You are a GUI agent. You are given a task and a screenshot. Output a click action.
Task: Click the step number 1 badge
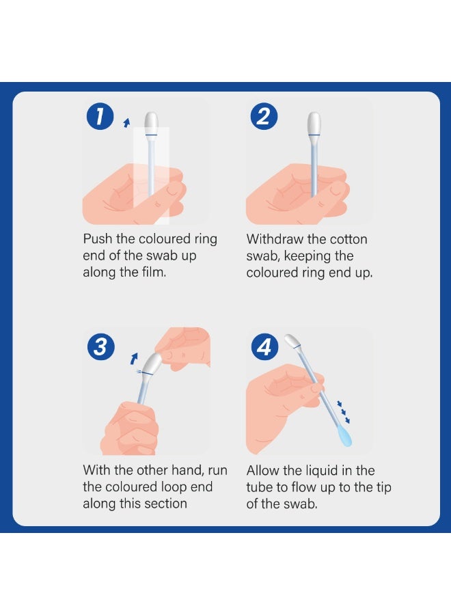coord(100,117)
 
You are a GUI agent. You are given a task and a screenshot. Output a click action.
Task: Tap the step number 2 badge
coord(263,117)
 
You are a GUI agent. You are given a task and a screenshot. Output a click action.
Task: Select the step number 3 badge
coord(100,347)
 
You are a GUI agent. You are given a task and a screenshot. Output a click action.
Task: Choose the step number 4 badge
coord(263,348)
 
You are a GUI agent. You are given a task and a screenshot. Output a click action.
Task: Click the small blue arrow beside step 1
coord(125,122)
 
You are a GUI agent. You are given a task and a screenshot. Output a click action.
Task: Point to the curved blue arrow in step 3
coord(135,358)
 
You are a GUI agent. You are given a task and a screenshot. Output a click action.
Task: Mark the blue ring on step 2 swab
coord(314,135)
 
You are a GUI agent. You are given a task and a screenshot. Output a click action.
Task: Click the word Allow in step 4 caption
coord(264,470)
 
